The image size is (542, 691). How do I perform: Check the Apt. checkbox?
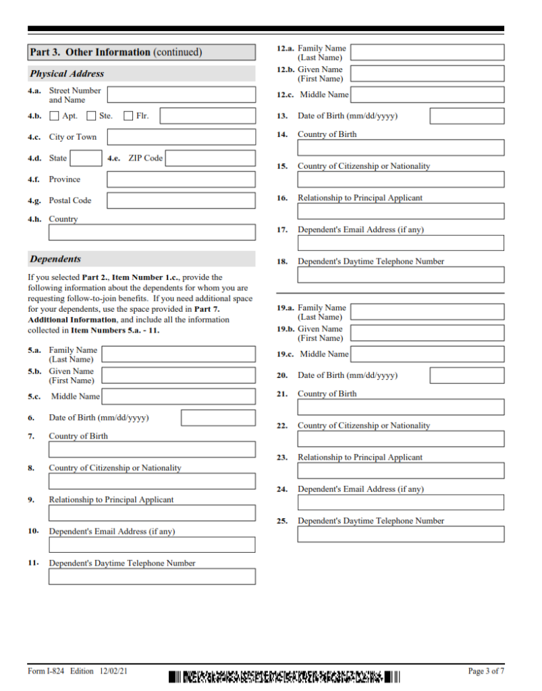click(55, 116)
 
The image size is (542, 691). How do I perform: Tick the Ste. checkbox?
click(91, 116)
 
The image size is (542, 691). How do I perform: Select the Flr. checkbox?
click(128, 116)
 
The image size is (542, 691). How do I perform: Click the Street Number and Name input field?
click(181, 94)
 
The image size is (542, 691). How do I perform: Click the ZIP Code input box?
click(210, 159)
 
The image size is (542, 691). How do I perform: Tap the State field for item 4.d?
click(86, 159)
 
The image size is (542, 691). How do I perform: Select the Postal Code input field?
click(181, 200)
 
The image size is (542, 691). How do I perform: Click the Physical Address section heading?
click(67, 74)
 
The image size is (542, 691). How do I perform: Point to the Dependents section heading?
click(55, 259)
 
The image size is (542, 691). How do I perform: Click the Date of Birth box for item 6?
click(218, 418)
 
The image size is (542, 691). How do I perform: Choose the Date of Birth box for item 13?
click(466, 116)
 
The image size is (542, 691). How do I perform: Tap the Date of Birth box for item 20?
click(466, 375)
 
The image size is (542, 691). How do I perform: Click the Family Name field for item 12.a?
click(427, 53)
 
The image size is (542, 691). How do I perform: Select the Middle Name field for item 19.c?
click(427, 354)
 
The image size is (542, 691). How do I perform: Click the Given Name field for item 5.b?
click(178, 375)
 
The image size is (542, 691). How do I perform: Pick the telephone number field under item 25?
click(401, 534)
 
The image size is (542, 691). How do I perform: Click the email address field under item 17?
click(401, 243)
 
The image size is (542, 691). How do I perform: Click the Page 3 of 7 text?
click(486, 671)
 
